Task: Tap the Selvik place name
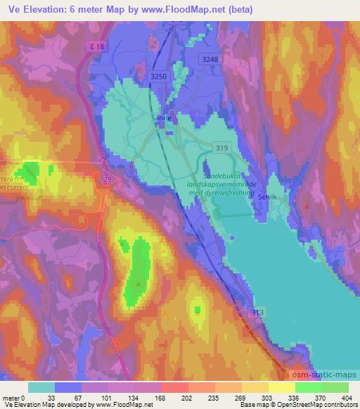click(268, 197)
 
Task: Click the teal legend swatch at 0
click(41, 387)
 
